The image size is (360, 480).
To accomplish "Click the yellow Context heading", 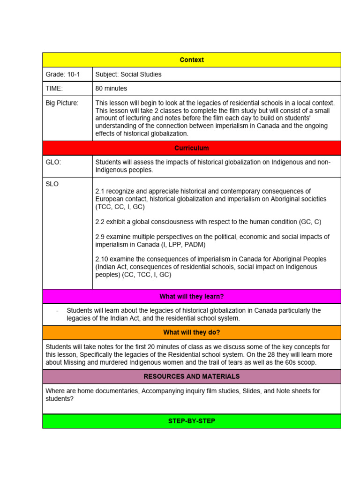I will tap(192, 60).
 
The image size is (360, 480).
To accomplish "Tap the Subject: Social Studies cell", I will tap(128, 75).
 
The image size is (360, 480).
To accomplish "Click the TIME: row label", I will tap(54, 88).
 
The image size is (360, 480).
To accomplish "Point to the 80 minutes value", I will tap(111, 88).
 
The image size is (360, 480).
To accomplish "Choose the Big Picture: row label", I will tap(62, 103).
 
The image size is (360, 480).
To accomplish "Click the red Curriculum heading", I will tap(192, 148).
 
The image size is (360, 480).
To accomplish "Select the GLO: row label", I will tap(53, 162).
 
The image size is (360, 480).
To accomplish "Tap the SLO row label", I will tap(52, 184).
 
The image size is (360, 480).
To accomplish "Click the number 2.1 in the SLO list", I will tap(100, 191).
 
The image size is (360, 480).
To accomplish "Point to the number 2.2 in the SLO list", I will tap(100, 222).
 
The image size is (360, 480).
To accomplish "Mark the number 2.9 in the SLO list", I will tap(100, 237).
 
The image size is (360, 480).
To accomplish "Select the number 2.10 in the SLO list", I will tap(102, 259).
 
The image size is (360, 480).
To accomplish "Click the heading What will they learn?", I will tap(192, 297).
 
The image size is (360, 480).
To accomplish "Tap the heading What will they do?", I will tap(192, 333).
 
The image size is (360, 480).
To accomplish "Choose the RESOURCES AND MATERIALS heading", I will tap(192, 376).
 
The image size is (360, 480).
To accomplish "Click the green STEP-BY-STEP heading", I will tap(192, 421).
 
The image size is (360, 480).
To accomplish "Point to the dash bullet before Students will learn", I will tap(57, 311).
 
